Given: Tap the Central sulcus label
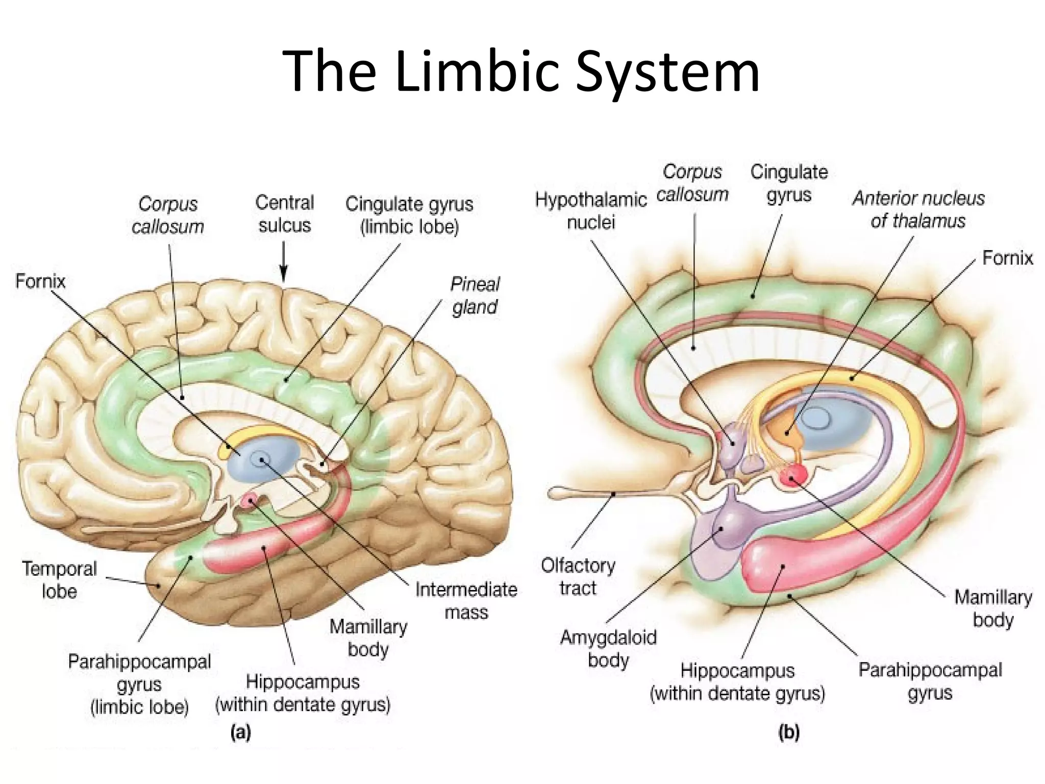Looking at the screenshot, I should pyautogui.click(x=284, y=214).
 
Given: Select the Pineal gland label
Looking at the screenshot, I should pyautogui.click(x=475, y=296).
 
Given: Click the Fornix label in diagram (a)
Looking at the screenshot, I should pyautogui.click(x=40, y=281).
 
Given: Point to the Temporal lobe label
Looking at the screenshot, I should pyautogui.click(x=59, y=580).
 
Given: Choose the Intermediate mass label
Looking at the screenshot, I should pyautogui.click(x=466, y=601).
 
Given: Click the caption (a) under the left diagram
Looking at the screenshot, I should pyautogui.click(x=240, y=733).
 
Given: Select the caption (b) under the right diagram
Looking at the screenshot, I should pyautogui.click(x=788, y=733).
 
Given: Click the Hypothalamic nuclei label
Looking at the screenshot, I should pyautogui.click(x=591, y=211).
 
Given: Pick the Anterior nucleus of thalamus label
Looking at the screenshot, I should pyautogui.click(x=918, y=209).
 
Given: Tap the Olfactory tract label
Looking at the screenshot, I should pyautogui.click(x=578, y=577).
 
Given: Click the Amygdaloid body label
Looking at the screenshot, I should pyautogui.click(x=608, y=649).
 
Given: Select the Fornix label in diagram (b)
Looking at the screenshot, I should pyautogui.click(x=1007, y=258).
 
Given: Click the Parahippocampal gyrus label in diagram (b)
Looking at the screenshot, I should pyautogui.click(x=930, y=681).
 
